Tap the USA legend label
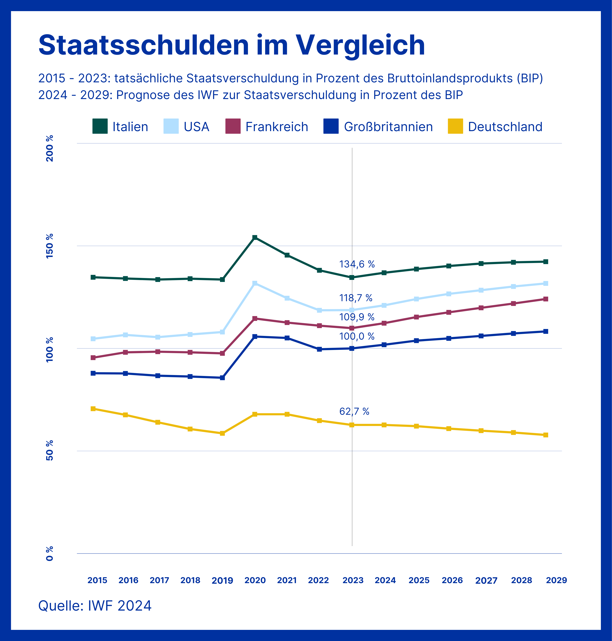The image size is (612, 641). tap(196, 126)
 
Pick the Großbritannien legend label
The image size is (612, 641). tap(388, 126)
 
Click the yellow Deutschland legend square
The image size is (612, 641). tap(455, 126)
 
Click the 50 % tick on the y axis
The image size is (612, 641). tap(50, 451)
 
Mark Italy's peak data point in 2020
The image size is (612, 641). tap(255, 237)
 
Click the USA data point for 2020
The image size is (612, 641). tap(255, 283)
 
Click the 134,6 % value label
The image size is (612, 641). tap(357, 264)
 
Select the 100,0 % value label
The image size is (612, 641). tap(357, 336)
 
